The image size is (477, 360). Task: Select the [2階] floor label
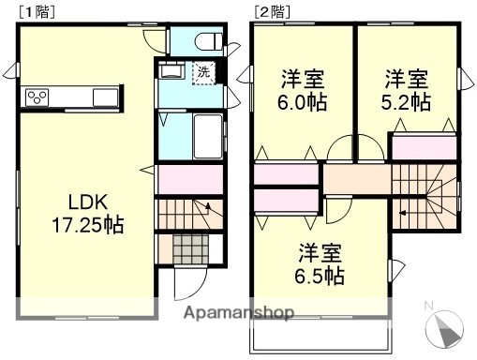[x=270, y=11]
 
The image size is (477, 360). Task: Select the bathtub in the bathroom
[x=206, y=138]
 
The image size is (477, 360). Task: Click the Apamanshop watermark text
[x=239, y=314]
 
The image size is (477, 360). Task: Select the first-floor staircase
[x=189, y=217]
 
